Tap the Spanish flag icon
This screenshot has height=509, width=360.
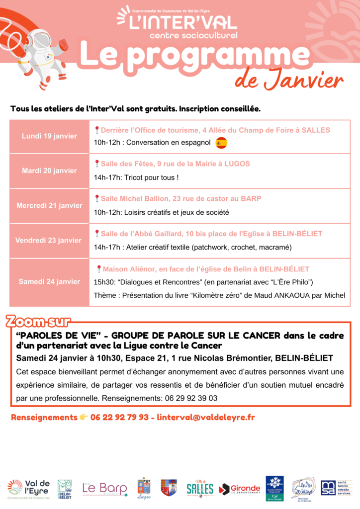221,143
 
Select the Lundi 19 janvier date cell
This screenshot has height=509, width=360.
49,136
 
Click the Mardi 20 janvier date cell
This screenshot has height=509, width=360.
49,170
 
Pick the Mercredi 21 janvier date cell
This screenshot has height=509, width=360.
49,205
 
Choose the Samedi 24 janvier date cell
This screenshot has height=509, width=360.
49,281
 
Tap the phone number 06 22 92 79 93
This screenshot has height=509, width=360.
119,418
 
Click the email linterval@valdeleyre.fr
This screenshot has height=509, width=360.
206,418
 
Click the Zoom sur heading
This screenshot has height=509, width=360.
38,322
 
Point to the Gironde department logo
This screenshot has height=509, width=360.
240,489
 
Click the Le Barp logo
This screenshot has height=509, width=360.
104,489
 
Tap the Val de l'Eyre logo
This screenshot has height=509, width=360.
29,489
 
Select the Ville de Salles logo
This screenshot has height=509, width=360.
200,488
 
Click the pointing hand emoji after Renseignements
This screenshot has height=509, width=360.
84,418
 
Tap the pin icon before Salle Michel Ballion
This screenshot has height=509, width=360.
97,198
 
